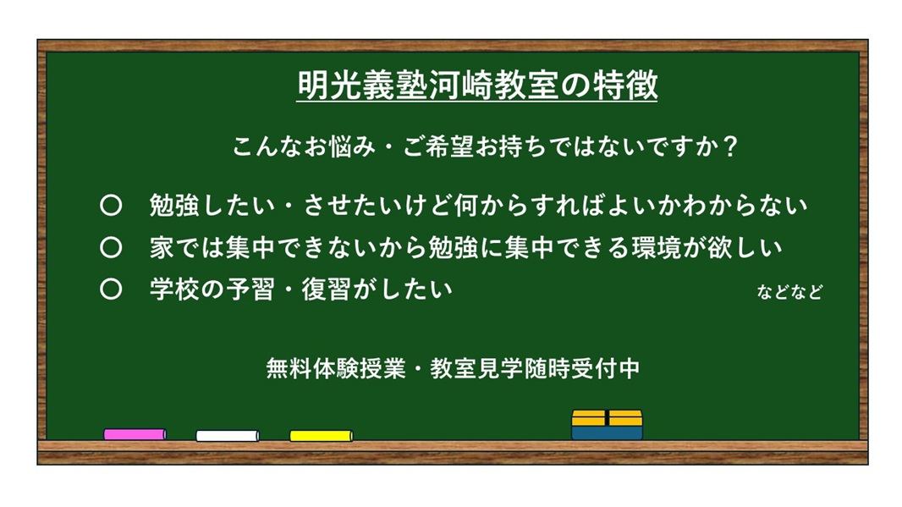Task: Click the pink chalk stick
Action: [x=135, y=434]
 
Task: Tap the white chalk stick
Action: [x=228, y=436]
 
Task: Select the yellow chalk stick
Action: [x=321, y=436]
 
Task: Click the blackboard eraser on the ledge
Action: [x=607, y=425]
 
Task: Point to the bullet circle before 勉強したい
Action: [x=111, y=206]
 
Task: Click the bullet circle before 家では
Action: [x=111, y=247]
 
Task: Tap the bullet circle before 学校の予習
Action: [x=111, y=289]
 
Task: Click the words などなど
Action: [x=789, y=292]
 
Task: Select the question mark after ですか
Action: [x=730, y=146]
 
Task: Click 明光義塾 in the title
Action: [x=362, y=85]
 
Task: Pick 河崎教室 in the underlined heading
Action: [x=493, y=85]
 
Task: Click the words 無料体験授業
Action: [x=336, y=368]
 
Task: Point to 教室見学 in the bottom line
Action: [x=476, y=368]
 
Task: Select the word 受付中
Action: [x=605, y=368]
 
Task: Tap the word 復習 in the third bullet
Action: [x=326, y=289]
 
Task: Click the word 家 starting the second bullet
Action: [x=162, y=247]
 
